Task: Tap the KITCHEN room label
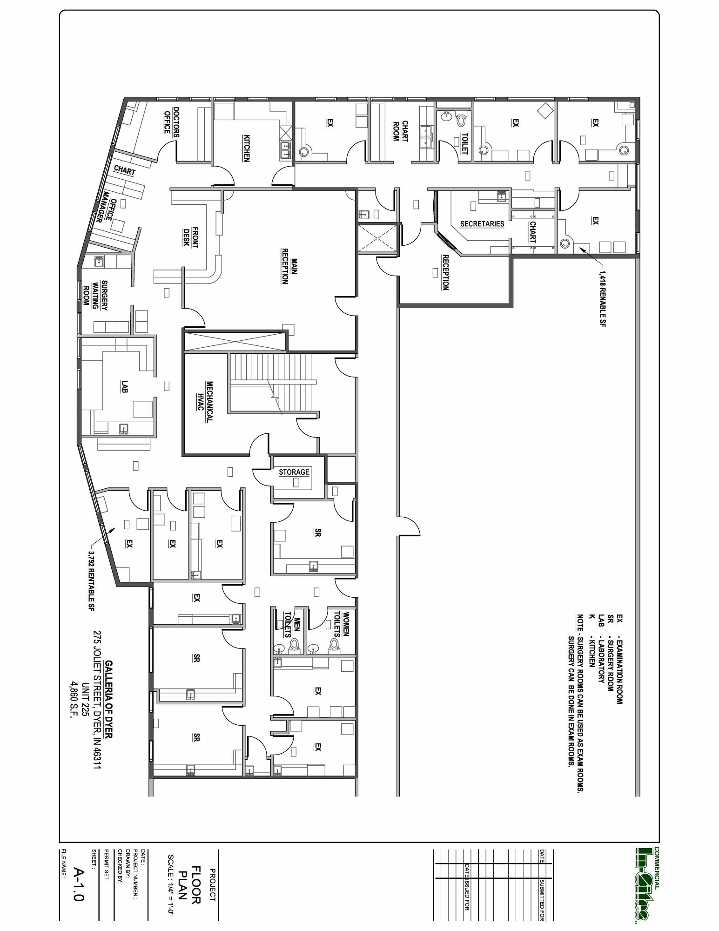pyautogui.click(x=247, y=148)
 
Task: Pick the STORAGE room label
pyautogui.click(x=294, y=472)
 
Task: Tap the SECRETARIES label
pyautogui.click(x=482, y=224)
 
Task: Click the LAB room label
pyautogui.click(x=125, y=386)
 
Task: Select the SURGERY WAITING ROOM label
pyautogui.click(x=95, y=296)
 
